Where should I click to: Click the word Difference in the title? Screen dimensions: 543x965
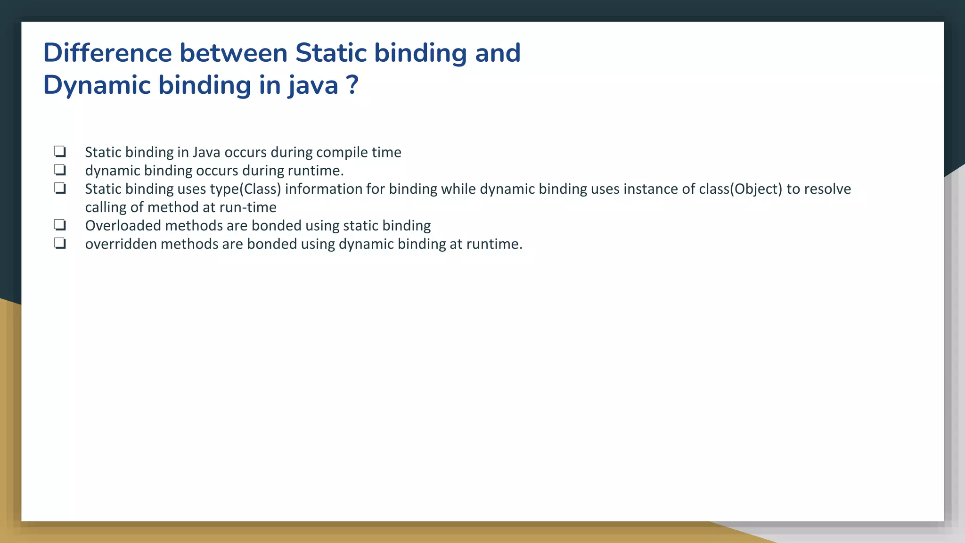(107, 53)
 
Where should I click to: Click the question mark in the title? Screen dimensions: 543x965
(352, 85)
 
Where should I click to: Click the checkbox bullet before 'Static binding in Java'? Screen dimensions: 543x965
(60, 151)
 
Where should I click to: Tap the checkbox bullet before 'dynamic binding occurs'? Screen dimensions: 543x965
(60, 170)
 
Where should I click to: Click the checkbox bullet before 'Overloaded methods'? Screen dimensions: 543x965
(60, 225)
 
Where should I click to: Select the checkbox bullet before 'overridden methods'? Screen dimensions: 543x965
(60, 243)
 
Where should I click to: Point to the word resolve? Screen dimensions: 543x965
(827, 189)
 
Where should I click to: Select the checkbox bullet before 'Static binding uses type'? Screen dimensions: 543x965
(60, 188)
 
